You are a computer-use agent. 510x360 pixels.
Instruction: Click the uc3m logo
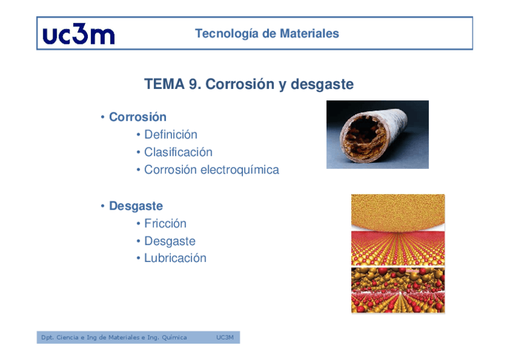78,34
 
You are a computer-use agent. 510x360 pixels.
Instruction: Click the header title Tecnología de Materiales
267,34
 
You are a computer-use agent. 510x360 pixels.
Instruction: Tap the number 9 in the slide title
193,84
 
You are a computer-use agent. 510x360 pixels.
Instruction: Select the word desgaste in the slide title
322,85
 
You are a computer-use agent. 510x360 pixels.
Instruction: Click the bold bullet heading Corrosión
138,117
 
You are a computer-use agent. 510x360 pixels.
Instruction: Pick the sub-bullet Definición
171,135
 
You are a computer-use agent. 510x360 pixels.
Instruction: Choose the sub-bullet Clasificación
178,152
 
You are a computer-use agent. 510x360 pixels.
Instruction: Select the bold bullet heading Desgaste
136,206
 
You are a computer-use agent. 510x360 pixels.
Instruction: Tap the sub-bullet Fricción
165,224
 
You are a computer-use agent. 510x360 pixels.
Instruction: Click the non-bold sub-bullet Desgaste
170,242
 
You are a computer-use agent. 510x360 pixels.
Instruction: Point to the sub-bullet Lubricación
176,258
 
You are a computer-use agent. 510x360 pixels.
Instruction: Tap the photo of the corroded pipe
378,135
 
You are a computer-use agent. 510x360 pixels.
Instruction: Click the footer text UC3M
225,338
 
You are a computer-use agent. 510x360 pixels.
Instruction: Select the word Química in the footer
174,338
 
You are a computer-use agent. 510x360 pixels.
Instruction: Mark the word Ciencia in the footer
67,338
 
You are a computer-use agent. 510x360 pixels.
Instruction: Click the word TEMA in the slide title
165,84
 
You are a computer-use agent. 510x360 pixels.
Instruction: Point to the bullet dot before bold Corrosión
102,117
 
